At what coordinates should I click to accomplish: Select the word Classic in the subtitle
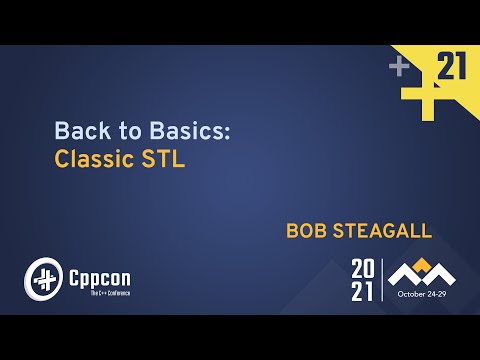(x=92, y=160)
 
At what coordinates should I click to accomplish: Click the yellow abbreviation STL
(x=163, y=160)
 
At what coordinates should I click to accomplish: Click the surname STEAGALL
(x=383, y=231)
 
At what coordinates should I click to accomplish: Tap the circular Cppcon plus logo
(x=41, y=274)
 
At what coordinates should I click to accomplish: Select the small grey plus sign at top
(x=399, y=67)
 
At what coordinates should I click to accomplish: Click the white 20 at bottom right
(x=363, y=268)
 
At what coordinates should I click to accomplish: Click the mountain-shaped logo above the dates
(x=421, y=272)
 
